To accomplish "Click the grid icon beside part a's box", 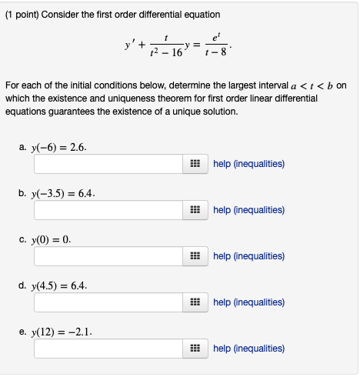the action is click(x=195, y=164).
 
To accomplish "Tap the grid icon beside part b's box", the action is click(x=195, y=210).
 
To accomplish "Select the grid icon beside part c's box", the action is click(x=195, y=256).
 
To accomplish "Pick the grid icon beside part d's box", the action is click(x=195, y=302).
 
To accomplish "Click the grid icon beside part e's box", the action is click(x=195, y=349).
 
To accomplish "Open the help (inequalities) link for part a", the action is click(x=248, y=164).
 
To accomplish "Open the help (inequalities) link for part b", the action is click(x=248, y=210).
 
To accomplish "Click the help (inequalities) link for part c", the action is click(x=248, y=256).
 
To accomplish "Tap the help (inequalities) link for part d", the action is click(x=248, y=302).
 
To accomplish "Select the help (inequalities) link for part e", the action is click(x=248, y=349).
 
